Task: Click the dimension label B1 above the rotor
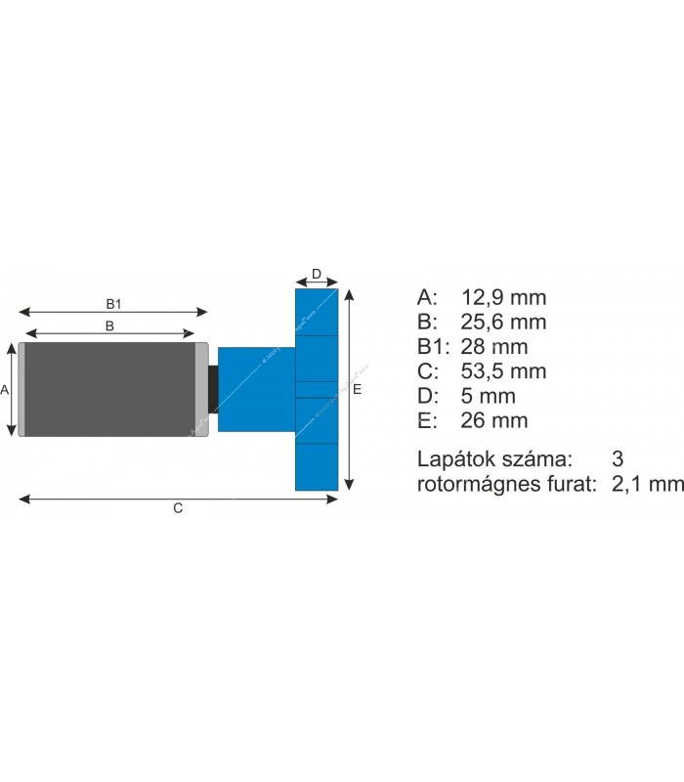tap(112, 303)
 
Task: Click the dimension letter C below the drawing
tap(178, 508)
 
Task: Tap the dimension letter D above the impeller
tap(317, 274)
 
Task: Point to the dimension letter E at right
tap(358, 389)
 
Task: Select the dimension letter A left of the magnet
tap(5, 389)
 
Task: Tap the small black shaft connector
tap(213, 389)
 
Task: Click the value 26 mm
tap(494, 421)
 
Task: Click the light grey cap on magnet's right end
tap(201, 389)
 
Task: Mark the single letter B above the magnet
tap(110, 326)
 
